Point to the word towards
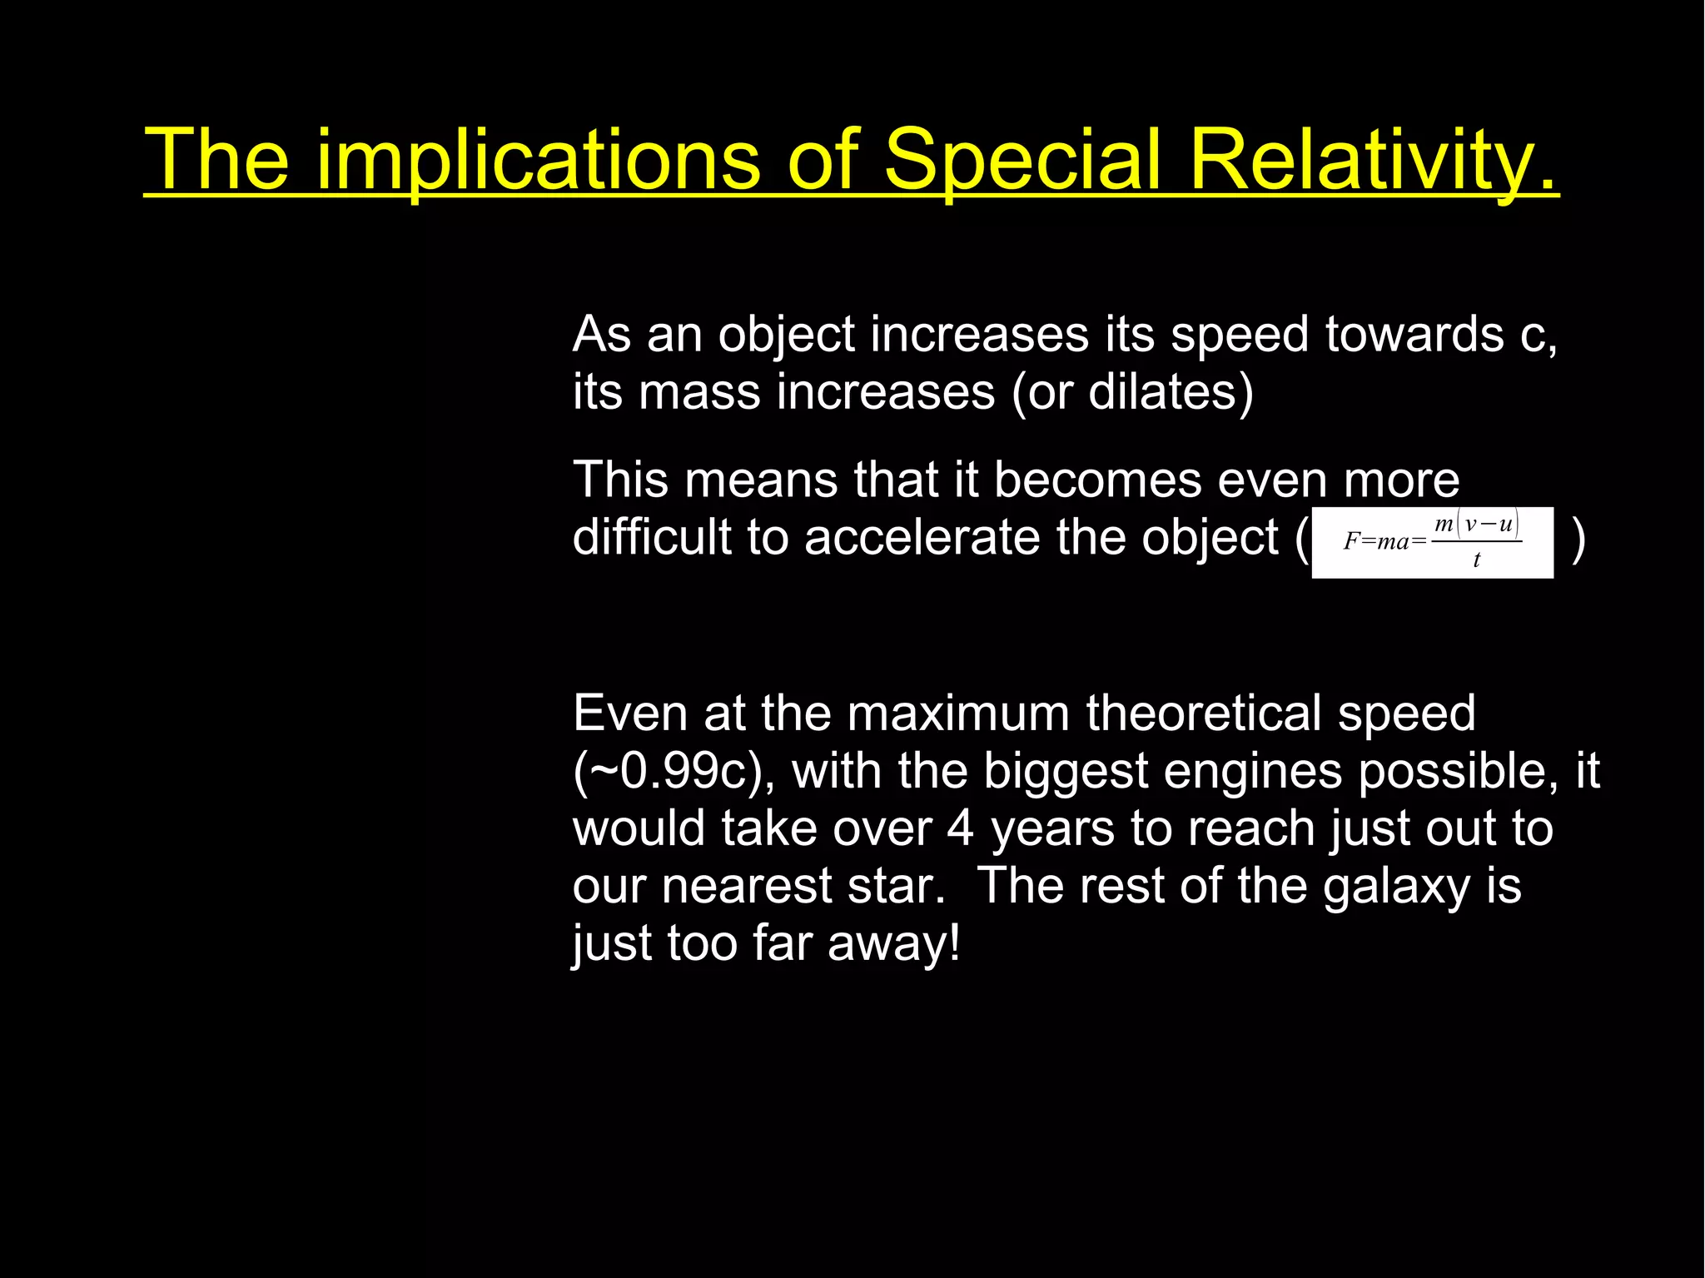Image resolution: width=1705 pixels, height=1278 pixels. tap(1414, 335)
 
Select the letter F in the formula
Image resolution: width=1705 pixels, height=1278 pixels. tap(1351, 542)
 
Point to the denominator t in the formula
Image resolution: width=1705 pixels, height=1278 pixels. tap(1476, 560)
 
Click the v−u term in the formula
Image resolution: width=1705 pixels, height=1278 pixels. tap(1489, 525)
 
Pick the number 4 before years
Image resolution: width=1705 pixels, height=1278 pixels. tap(961, 828)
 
